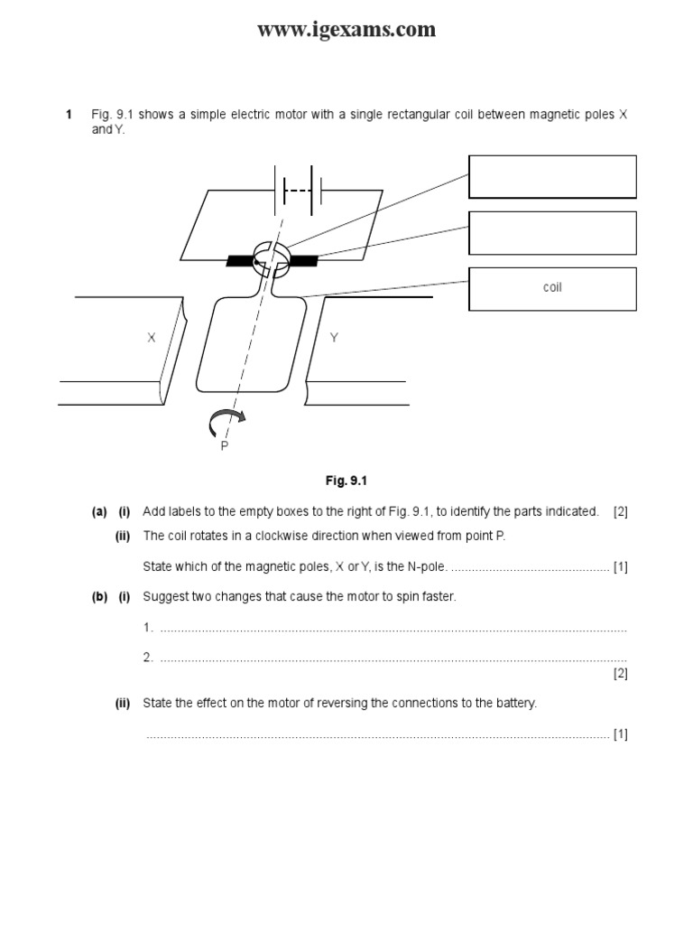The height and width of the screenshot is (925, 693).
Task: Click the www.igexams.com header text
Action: click(346, 30)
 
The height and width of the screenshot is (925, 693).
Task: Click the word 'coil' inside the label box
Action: click(552, 288)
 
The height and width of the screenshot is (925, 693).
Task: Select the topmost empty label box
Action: click(552, 176)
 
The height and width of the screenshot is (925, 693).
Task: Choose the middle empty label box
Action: click(552, 233)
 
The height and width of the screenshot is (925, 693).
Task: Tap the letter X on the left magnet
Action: click(152, 338)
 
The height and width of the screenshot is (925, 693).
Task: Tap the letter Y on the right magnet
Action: click(334, 338)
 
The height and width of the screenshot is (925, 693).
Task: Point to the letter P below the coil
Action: click(225, 445)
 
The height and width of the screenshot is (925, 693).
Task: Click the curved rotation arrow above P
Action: click(226, 419)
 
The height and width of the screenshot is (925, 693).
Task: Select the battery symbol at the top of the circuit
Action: click(299, 191)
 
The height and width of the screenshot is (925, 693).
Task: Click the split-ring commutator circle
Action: click(271, 258)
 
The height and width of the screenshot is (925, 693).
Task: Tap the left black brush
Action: click(240, 261)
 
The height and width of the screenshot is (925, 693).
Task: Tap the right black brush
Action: click(304, 261)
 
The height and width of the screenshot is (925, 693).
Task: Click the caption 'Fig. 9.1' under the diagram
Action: click(347, 481)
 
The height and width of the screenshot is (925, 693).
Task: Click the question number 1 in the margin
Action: click(68, 115)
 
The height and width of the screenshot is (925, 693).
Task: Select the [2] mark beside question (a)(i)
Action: click(620, 512)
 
